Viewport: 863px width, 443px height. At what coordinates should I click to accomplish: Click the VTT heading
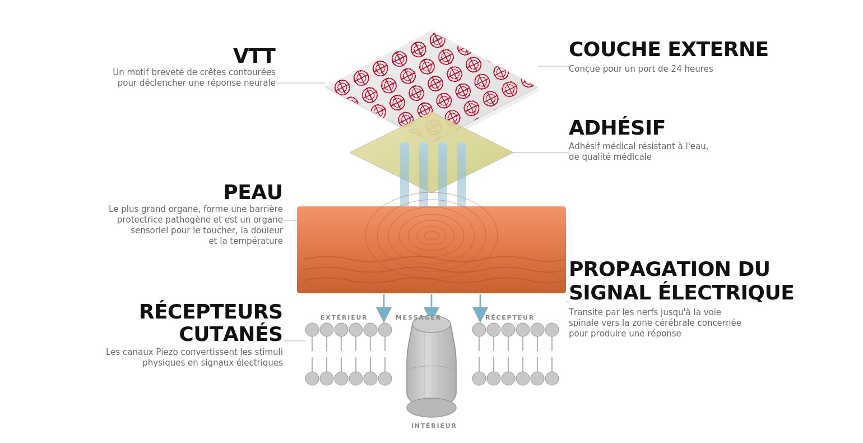254,57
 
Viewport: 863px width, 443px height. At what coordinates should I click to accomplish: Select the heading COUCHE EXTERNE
668,50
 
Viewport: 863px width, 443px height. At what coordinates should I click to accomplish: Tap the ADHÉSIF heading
616,128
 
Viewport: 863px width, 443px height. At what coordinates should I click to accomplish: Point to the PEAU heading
253,193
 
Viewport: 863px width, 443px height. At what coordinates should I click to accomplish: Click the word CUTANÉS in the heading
230,335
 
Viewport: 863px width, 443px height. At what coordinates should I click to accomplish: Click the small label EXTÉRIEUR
344,318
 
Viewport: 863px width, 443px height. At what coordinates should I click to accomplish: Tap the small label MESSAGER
418,318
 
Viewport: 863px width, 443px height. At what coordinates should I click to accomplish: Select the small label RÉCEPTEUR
509,318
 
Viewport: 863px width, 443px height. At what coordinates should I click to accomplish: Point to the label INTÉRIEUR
434,426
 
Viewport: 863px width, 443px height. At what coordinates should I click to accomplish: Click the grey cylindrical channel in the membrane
432,362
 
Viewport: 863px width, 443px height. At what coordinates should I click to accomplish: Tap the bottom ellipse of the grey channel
432,408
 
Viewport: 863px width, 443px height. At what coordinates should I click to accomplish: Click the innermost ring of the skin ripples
432,236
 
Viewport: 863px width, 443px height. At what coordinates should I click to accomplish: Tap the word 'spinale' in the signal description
584,323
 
